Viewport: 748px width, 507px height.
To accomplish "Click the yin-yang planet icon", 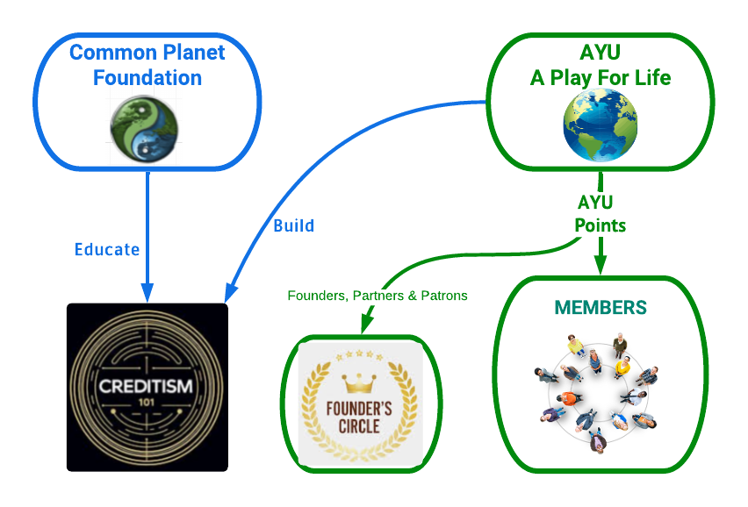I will pyautogui.click(x=144, y=130).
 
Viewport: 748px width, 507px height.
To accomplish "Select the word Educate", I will pyautogui.click(x=106, y=249).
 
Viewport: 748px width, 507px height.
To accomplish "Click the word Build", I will pyautogui.click(x=293, y=225).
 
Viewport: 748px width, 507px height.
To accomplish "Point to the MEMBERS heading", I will pyautogui.click(x=601, y=308).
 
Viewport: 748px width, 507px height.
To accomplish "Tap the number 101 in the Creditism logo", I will pyautogui.click(x=147, y=406).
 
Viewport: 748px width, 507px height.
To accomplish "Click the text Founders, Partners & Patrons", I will pyautogui.click(x=378, y=296).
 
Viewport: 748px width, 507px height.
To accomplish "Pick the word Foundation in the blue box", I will pyautogui.click(x=147, y=78).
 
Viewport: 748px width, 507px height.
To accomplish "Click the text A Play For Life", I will pyautogui.click(x=600, y=78).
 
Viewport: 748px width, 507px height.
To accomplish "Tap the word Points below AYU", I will pyautogui.click(x=600, y=225).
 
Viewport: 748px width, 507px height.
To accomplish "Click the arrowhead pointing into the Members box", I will pyautogui.click(x=601, y=266).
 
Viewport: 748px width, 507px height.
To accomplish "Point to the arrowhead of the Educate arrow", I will pyautogui.click(x=147, y=291).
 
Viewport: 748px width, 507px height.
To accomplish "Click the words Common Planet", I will pyautogui.click(x=147, y=52).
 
